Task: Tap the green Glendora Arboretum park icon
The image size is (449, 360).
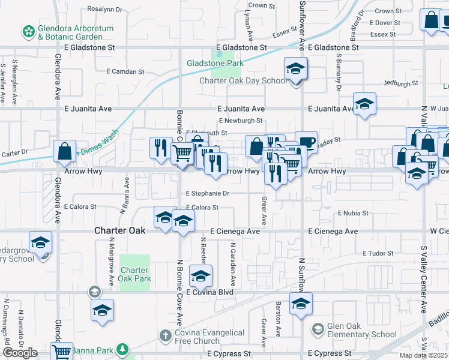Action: point(28,30)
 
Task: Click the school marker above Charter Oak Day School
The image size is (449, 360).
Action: point(295,70)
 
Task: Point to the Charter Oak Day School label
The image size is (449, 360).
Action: point(243,81)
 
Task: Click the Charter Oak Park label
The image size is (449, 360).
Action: point(134,274)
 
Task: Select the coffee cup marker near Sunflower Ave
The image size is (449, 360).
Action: point(306,143)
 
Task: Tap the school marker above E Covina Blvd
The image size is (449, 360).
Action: point(200,276)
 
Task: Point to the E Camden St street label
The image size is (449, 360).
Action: point(125,71)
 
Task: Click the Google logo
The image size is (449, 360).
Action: point(19,353)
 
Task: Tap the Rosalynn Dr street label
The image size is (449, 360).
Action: point(104,10)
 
